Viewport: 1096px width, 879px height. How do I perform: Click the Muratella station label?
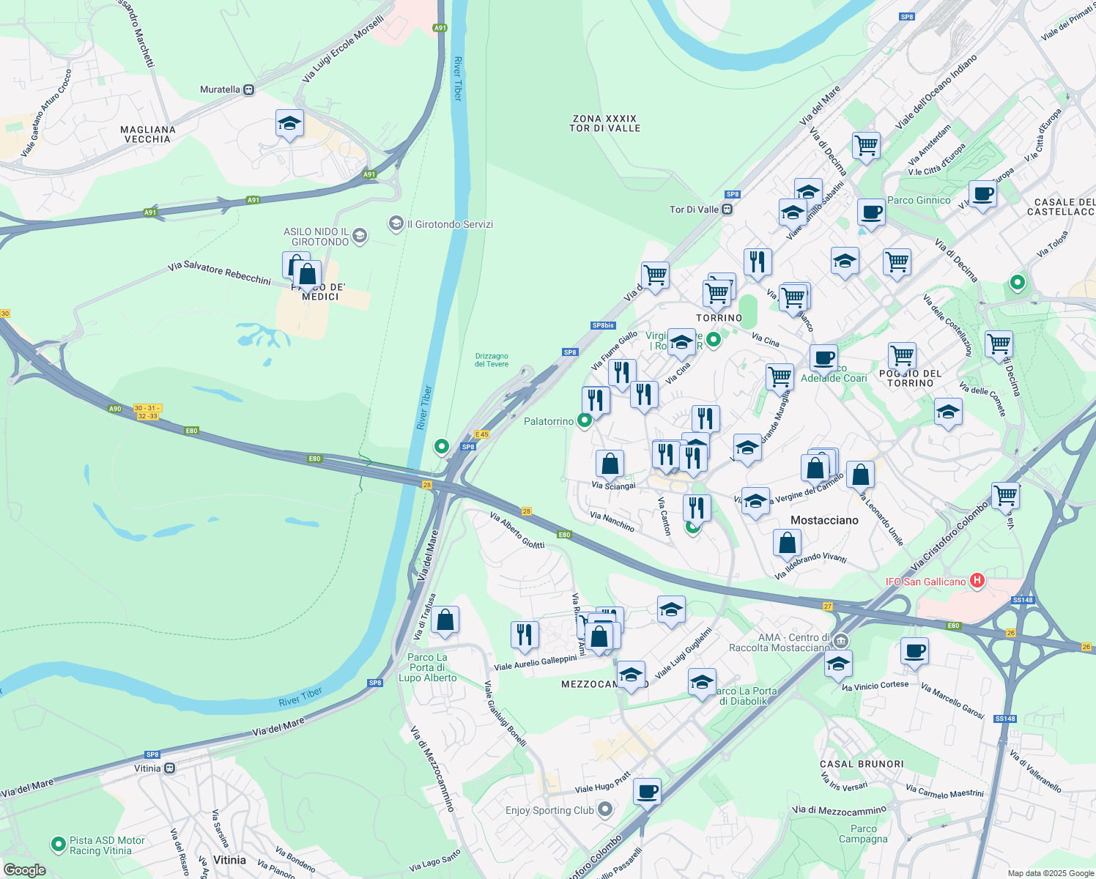tap(221, 89)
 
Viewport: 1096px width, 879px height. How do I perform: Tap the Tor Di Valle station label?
tap(695, 209)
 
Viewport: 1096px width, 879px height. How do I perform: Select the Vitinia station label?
tap(147, 768)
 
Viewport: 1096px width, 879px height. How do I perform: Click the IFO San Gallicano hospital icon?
tap(977, 581)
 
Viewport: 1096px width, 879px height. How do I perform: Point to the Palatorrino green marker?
tap(585, 421)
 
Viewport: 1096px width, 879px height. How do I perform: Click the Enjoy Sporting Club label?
tap(549, 810)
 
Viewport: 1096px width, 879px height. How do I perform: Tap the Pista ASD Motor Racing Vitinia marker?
tap(59, 845)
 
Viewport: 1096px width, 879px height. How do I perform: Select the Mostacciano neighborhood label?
tap(824, 520)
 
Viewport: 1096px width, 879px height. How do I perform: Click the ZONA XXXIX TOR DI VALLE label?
tap(605, 123)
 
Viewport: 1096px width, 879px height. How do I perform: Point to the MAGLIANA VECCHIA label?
tap(148, 134)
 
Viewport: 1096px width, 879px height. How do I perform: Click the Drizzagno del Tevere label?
tap(492, 360)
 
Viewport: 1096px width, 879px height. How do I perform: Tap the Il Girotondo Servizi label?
tap(450, 224)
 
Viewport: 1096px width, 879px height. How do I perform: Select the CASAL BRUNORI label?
tap(862, 763)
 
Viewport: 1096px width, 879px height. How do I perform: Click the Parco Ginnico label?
tap(919, 200)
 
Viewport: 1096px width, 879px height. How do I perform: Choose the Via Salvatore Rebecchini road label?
tap(219, 272)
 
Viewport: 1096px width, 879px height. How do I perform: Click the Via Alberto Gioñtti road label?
tap(517, 530)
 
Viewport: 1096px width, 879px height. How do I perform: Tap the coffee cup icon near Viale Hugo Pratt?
tap(647, 792)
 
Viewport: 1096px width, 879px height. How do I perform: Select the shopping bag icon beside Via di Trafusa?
tap(445, 620)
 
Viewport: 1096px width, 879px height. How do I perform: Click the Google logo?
tap(25, 870)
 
